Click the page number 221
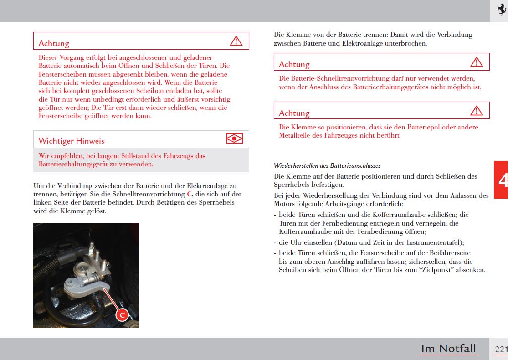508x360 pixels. [x=501, y=349]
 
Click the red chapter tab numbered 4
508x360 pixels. [x=502, y=180]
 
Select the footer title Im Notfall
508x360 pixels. [x=448, y=349]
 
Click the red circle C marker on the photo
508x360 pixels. [x=122, y=315]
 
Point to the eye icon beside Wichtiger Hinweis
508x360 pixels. [x=234, y=139]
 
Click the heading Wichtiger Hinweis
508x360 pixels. [x=72, y=140]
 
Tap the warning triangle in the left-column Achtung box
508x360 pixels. [x=236, y=41]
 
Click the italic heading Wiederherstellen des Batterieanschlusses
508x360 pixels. [x=327, y=165]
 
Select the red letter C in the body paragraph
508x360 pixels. [x=190, y=194]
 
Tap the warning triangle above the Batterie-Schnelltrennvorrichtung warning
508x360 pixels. [x=476, y=62]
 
